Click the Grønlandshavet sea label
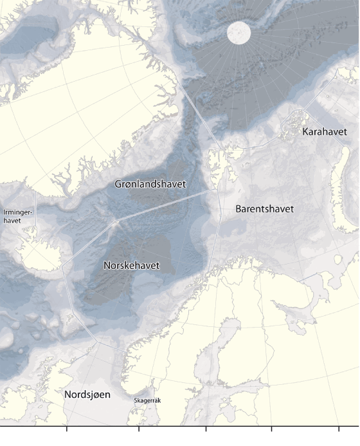click(150, 184)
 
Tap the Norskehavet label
click(131, 265)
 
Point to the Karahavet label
click(323, 132)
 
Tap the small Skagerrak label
click(147, 400)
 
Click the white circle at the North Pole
click(239, 33)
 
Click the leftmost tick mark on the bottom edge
click(67, 427)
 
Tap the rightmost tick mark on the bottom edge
click(339, 427)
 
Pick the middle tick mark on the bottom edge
click(206, 427)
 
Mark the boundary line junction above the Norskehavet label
click(116, 223)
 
